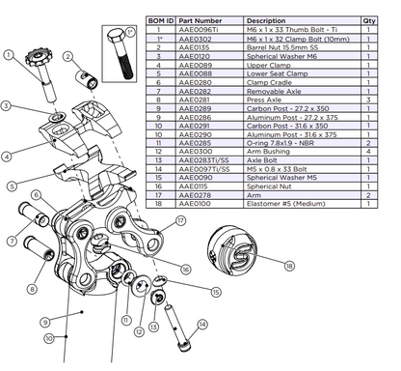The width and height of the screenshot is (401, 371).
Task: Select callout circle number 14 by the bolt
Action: point(201,324)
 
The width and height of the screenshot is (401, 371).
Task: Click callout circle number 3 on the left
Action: point(7,105)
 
